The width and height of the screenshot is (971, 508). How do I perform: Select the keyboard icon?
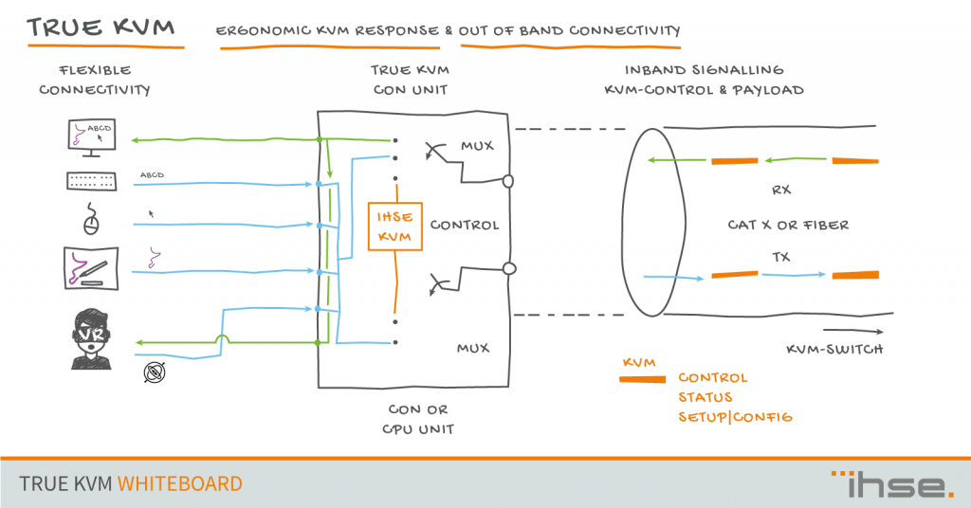point(91,180)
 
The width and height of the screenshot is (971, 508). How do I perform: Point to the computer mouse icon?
point(92,221)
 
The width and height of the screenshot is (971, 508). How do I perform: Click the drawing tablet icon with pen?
point(91,268)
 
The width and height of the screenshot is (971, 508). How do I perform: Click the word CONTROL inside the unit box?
point(464,226)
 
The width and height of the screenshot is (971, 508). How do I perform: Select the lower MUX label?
point(473,348)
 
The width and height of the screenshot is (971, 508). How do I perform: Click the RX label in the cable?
point(781,190)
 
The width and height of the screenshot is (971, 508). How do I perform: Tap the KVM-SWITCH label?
point(834,350)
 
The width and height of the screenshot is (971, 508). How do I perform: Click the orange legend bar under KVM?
point(641,380)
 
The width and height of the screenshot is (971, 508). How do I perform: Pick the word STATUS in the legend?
point(705,397)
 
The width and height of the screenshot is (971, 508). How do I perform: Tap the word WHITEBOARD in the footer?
point(180,483)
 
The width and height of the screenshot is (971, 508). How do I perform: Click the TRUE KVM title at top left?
point(101,27)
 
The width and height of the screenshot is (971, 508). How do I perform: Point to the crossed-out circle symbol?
point(154,373)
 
